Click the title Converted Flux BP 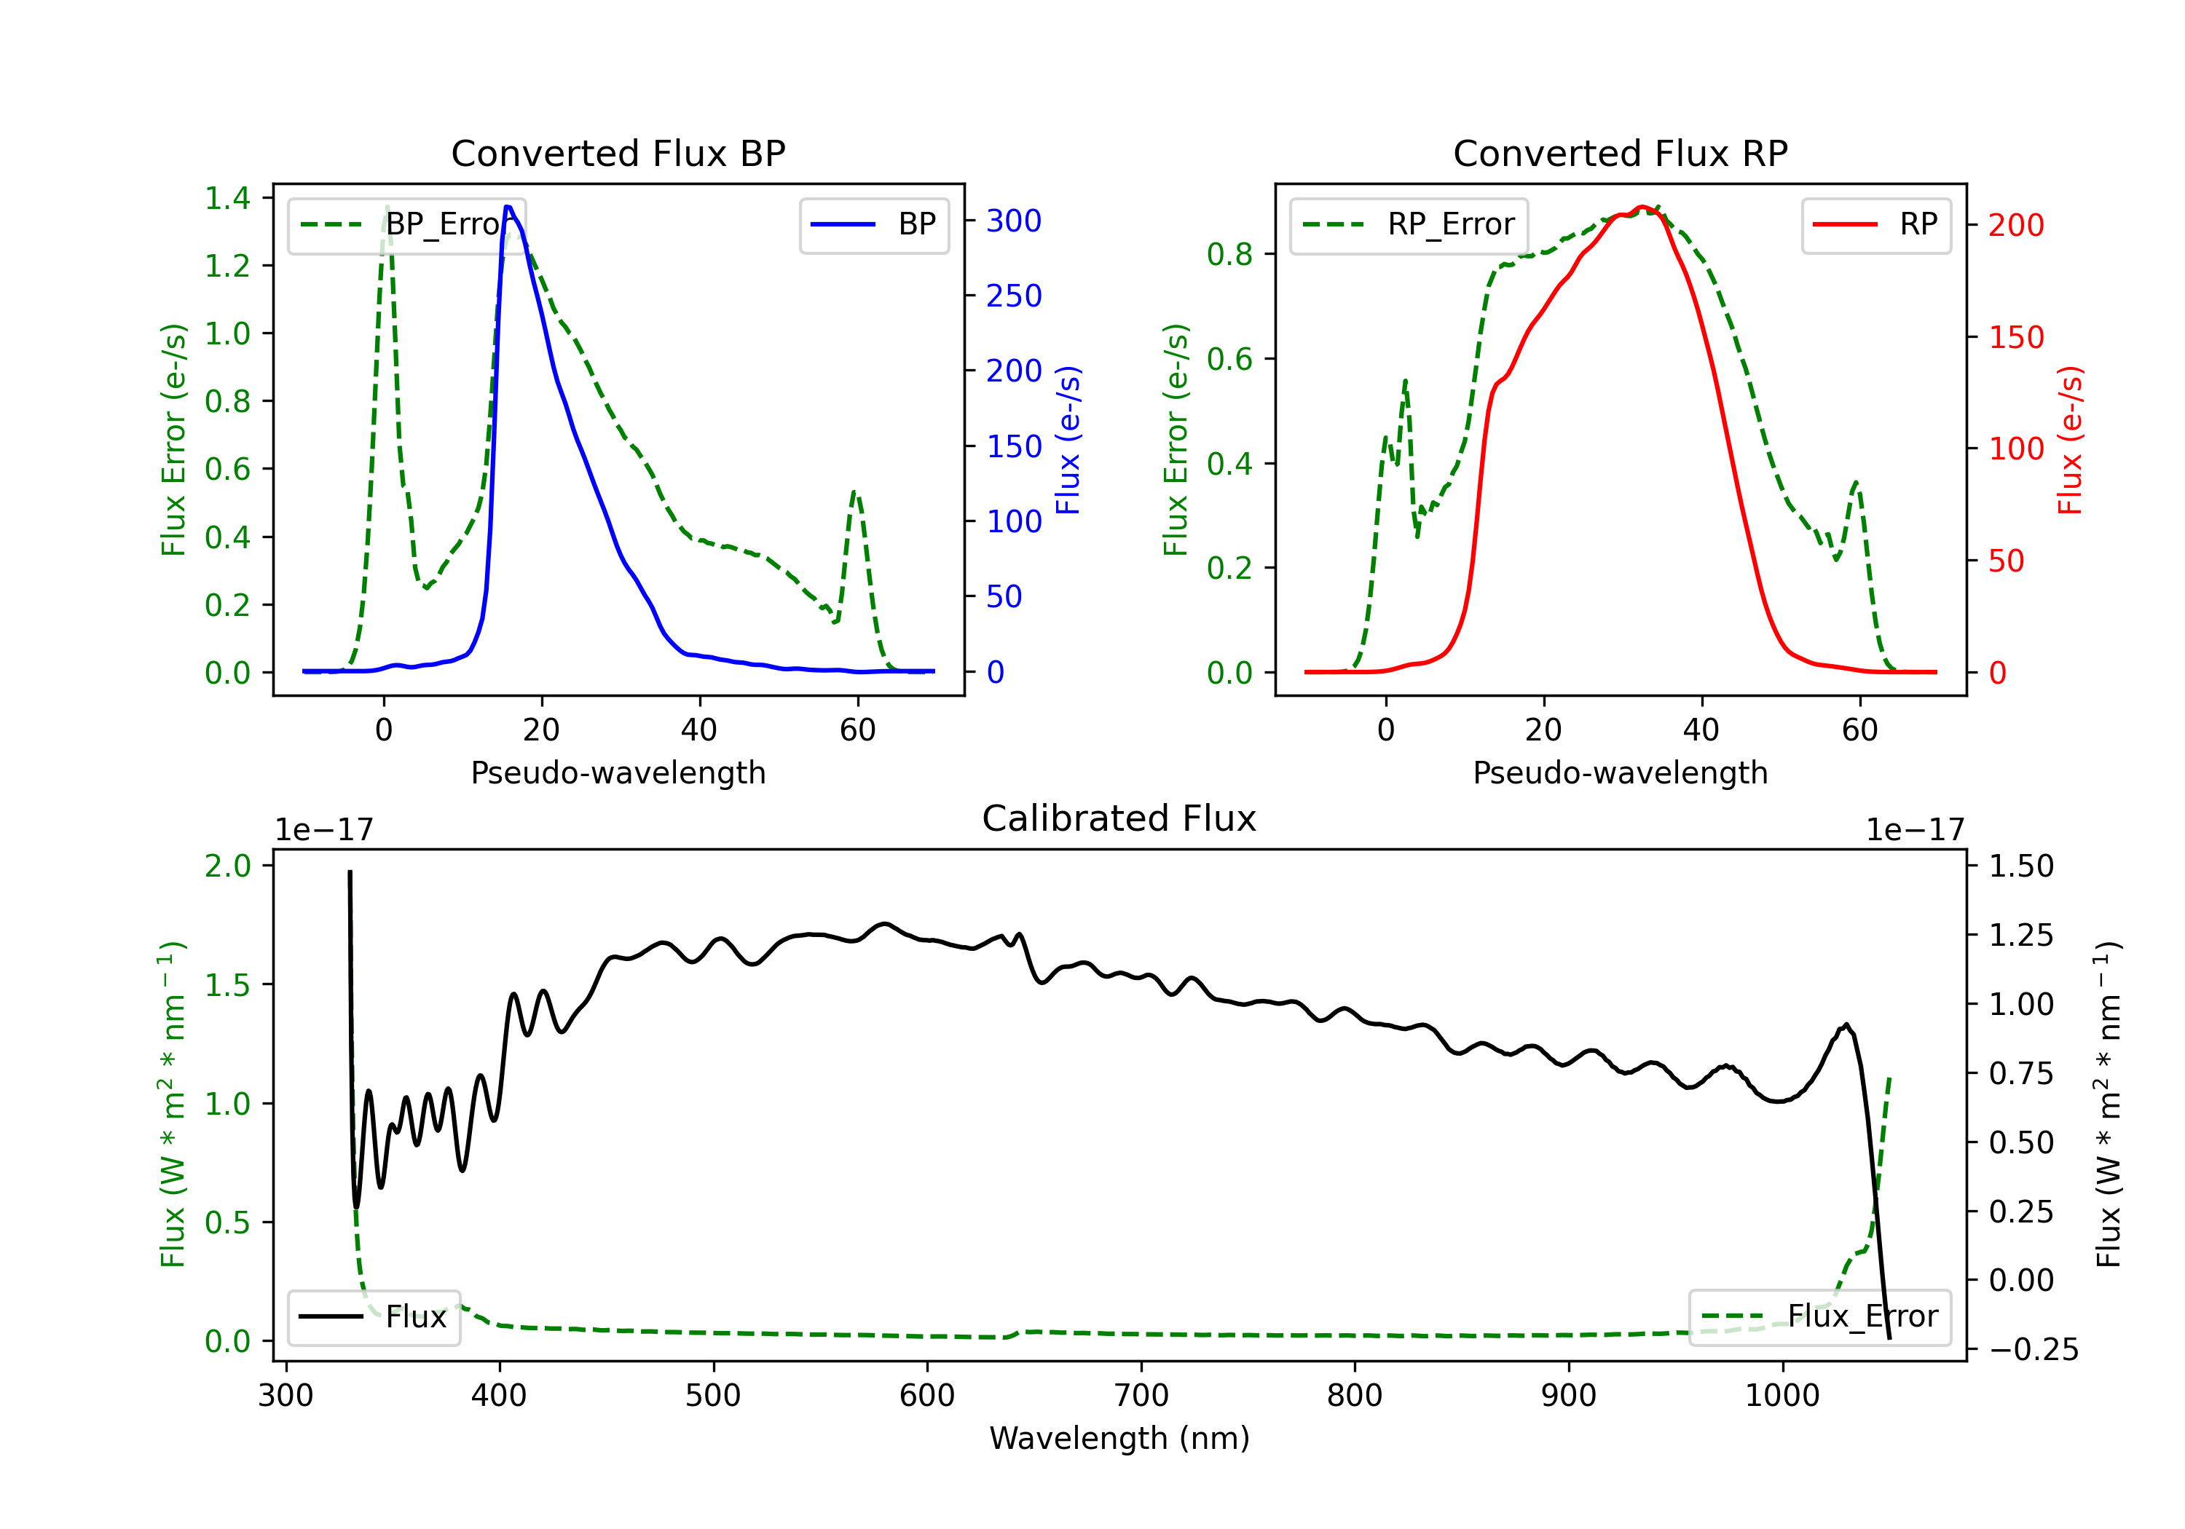coord(618,153)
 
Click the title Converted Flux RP coord(1620,153)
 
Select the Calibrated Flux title coord(1119,818)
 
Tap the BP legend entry coord(873,224)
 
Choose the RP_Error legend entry coord(1409,224)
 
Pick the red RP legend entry coord(1875,224)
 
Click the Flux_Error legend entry coord(1819,1317)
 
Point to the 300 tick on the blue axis coord(1014,221)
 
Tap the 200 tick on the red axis coord(2015,226)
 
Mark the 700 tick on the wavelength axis coord(1141,1396)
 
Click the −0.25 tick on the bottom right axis coord(2034,1350)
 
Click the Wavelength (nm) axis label coord(1119,1438)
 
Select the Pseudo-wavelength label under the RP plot coord(1620,773)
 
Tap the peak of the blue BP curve coord(508,207)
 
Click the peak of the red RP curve coord(1642,207)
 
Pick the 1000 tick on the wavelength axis coord(1782,1396)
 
